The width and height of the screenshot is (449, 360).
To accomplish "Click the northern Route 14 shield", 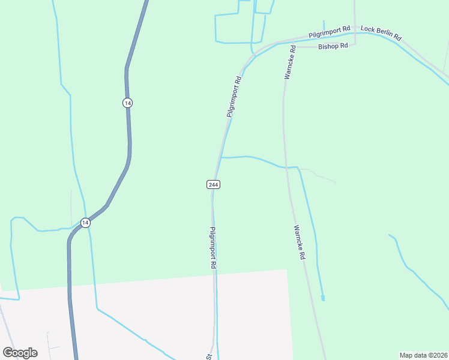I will coord(127,103).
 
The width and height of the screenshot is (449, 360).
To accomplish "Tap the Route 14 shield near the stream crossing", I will coord(86,223).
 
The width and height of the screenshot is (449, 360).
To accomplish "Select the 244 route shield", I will coord(213,184).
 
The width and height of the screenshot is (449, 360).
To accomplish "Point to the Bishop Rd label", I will coord(333,46).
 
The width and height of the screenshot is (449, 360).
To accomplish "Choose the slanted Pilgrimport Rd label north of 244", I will coord(234,96).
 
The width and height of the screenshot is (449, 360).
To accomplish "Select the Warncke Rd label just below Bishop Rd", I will coord(289,62).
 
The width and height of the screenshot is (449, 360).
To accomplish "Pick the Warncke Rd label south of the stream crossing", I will coord(300,242).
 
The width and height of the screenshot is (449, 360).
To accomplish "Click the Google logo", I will coord(20,353).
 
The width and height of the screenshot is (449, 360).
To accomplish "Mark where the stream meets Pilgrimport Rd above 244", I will coord(221,157).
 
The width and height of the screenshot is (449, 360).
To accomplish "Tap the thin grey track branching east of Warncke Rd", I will coord(318,175).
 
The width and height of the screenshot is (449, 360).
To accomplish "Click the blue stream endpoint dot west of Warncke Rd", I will coord(323,298).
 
